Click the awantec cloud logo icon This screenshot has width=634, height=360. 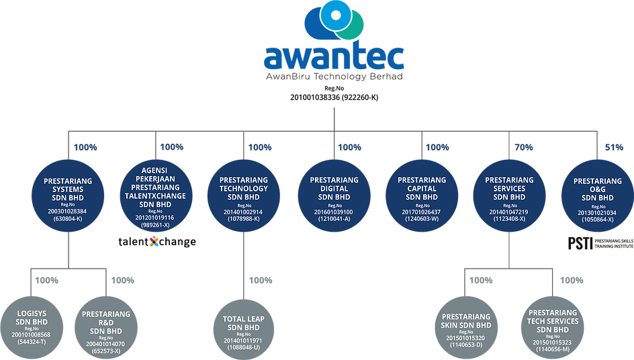(x=334, y=23)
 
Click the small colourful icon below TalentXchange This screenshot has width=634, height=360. (x=154, y=241)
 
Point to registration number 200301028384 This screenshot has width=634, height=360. (x=68, y=210)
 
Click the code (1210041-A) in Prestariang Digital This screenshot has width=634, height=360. (x=334, y=218)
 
